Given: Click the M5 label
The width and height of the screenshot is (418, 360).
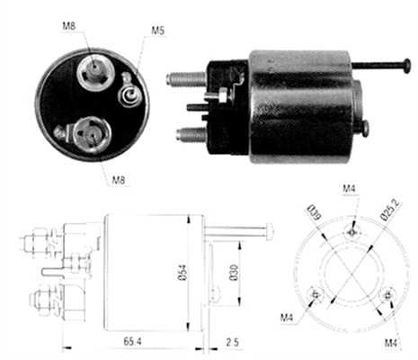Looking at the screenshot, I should [x=157, y=31].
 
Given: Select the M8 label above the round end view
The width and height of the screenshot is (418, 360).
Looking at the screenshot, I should [x=69, y=25].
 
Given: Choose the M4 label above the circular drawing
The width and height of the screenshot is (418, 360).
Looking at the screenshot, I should [x=350, y=187].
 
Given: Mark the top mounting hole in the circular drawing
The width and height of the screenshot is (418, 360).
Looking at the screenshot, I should [x=352, y=230].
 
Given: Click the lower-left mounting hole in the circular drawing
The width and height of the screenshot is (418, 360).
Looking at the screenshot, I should [x=314, y=293].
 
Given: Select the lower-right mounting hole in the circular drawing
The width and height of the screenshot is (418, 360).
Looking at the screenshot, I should [x=388, y=294].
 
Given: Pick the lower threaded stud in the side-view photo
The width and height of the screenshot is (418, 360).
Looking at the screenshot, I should [x=189, y=135].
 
